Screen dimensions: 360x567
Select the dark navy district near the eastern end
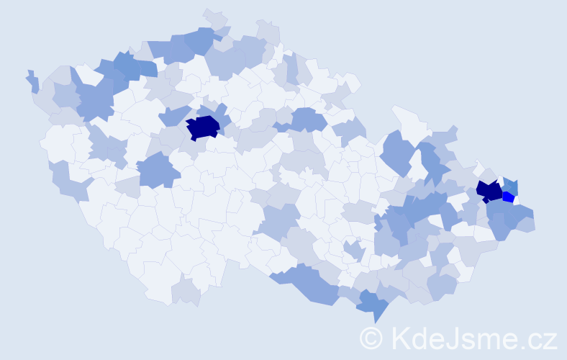point(489,191)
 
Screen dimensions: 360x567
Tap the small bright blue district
point(508,197)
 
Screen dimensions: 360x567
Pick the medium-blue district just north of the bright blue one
point(510,185)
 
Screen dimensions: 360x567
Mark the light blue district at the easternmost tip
point(528,223)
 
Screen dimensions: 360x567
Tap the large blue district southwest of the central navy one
point(157,170)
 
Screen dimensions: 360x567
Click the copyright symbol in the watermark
point(371,338)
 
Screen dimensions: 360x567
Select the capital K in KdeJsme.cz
point(400,338)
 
